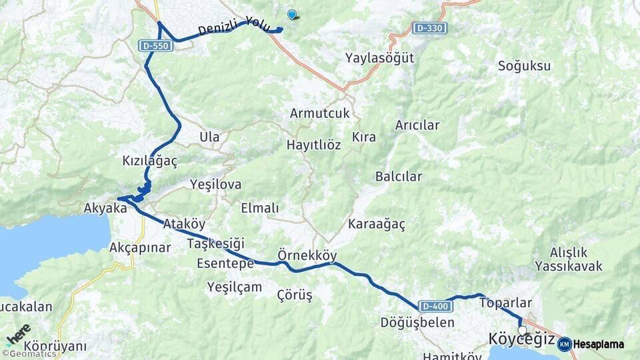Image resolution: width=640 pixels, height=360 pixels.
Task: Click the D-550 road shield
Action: coord(157,46)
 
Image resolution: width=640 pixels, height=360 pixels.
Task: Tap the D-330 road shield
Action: coord(429,29)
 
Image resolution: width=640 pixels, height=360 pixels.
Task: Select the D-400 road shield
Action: coord(435,306)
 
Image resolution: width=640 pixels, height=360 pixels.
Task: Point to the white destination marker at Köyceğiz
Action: coord(523,330)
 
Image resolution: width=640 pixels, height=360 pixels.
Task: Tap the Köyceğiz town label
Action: coord(521,339)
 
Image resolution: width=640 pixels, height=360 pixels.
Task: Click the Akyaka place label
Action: coord(105,209)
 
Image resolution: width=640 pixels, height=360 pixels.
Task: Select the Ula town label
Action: coord(209,137)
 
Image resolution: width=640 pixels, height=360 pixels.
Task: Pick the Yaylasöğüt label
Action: coord(379,58)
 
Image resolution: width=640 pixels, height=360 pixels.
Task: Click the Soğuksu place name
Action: coord(524,66)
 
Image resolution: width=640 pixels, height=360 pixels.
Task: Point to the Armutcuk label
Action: coord(319,113)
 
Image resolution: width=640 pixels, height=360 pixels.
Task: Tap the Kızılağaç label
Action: coord(150,161)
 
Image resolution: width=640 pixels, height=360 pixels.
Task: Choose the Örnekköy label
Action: coord(307,255)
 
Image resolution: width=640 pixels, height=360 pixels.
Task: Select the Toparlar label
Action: coord(505,302)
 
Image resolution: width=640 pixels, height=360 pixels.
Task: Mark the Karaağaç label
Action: coord(376,224)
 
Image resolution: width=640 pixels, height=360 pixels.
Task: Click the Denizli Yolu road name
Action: coord(233,27)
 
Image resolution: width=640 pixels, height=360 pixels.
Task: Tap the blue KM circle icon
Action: coord(564,344)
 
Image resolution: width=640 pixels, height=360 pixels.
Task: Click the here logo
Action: coord(18,334)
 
